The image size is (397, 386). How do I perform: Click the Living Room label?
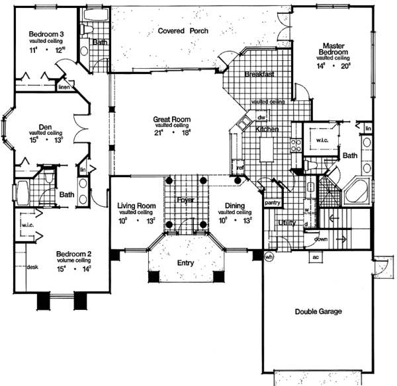pyautogui.click(x=136, y=206)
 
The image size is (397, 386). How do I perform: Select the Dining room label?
pyautogui.click(x=234, y=206)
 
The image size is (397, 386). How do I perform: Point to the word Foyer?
pyautogui.click(x=185, y=199)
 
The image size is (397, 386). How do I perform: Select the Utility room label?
pyautogui.click(x=286, y=223)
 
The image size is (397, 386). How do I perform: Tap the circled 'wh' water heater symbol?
pyautogui.click(x=269, y=257)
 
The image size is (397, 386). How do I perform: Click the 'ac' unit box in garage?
pyautogui.click(x=316, y=257)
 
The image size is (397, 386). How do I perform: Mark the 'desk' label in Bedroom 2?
pyautogui.click(x=31, y=268)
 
